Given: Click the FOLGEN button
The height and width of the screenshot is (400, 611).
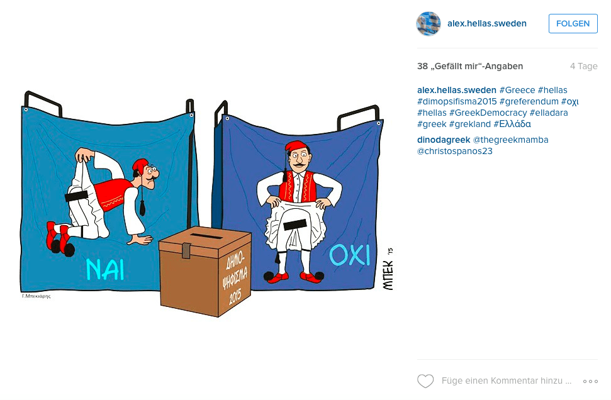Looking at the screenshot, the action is coord(573,23).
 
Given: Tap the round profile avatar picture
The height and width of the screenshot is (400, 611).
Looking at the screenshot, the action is coord(429,23).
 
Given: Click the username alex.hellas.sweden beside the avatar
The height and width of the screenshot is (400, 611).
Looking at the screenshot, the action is coord(486,23).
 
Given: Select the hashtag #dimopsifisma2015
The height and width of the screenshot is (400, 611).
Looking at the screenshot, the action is coord(457,101).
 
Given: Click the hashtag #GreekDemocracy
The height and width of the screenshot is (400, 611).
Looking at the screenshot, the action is coord(488,113).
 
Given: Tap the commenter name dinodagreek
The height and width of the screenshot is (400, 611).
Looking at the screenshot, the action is coord(444,140).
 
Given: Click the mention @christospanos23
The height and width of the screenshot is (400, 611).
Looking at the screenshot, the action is coord(455,151).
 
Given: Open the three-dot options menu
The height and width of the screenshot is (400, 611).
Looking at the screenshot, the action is coord(590,381).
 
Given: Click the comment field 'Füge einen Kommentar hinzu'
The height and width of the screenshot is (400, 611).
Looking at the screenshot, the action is coord(506,381).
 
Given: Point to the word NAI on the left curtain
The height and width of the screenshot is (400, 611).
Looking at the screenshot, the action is coord(105,270).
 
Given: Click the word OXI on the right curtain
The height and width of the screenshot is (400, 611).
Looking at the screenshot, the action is coord(349,255).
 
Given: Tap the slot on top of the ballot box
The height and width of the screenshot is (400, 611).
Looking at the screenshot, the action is coord(206,236).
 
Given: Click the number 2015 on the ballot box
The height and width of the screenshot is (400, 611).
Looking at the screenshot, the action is coord(235,297).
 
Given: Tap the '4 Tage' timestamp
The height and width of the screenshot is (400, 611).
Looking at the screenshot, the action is coord(584,66).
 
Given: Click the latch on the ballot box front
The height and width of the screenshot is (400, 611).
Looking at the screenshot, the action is coord(186,250).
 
